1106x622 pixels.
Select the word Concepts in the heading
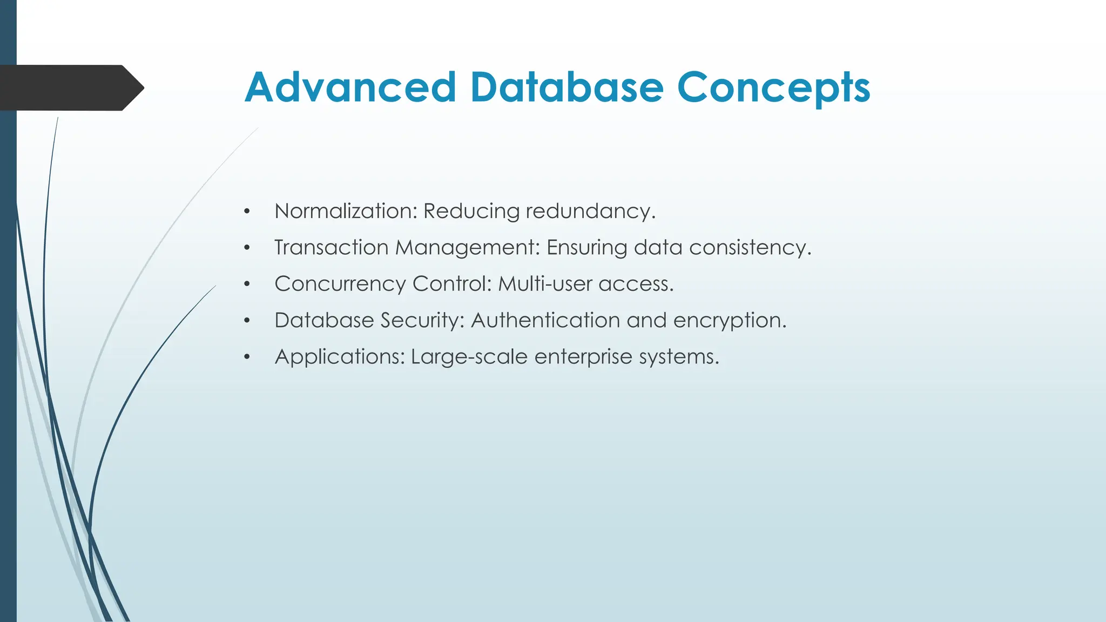tap(773, 88)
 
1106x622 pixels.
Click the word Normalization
tap(346, 211)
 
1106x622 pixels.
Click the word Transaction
tap(331, 247)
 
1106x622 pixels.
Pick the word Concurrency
tap(340, 285)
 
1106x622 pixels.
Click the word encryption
tap(729, 321)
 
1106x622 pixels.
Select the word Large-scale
tap(469, 357)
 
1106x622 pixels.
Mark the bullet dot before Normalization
tap(247, 212)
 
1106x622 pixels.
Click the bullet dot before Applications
tap(247, 357)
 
